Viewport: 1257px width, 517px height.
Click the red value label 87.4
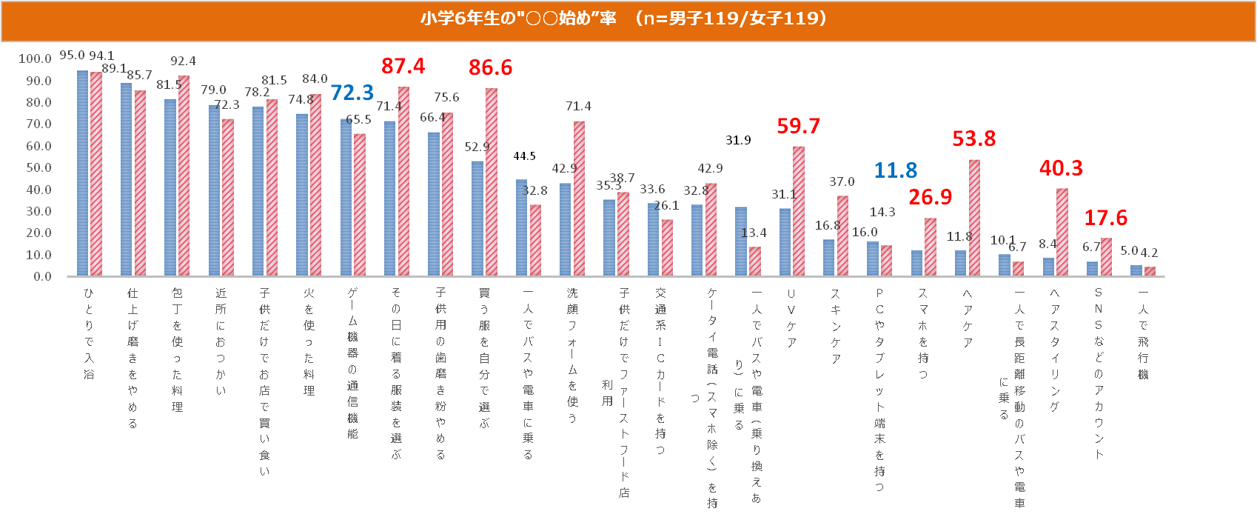tap(403, 66)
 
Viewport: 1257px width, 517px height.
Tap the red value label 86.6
tap(490, 67)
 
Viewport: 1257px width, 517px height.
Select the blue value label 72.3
tap(352, 93)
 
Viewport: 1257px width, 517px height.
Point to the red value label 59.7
tap(798, 126)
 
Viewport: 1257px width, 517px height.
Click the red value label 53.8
tap(973, 139)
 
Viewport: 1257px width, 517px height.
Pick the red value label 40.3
tap(1061, 168)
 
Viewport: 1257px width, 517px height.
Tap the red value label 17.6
tap(1105, 218)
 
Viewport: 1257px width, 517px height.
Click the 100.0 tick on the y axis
tap(35, 59)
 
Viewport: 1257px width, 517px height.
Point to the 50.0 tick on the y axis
tap(38, 168)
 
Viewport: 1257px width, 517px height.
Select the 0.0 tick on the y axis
tap(42, 277)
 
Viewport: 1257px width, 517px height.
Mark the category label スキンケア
tap(835, 327)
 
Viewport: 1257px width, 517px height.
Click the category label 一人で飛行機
tap(1143, 333)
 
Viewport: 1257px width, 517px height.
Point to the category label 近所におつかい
tap(221, 341)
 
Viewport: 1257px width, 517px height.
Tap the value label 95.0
tap(72, 56)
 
